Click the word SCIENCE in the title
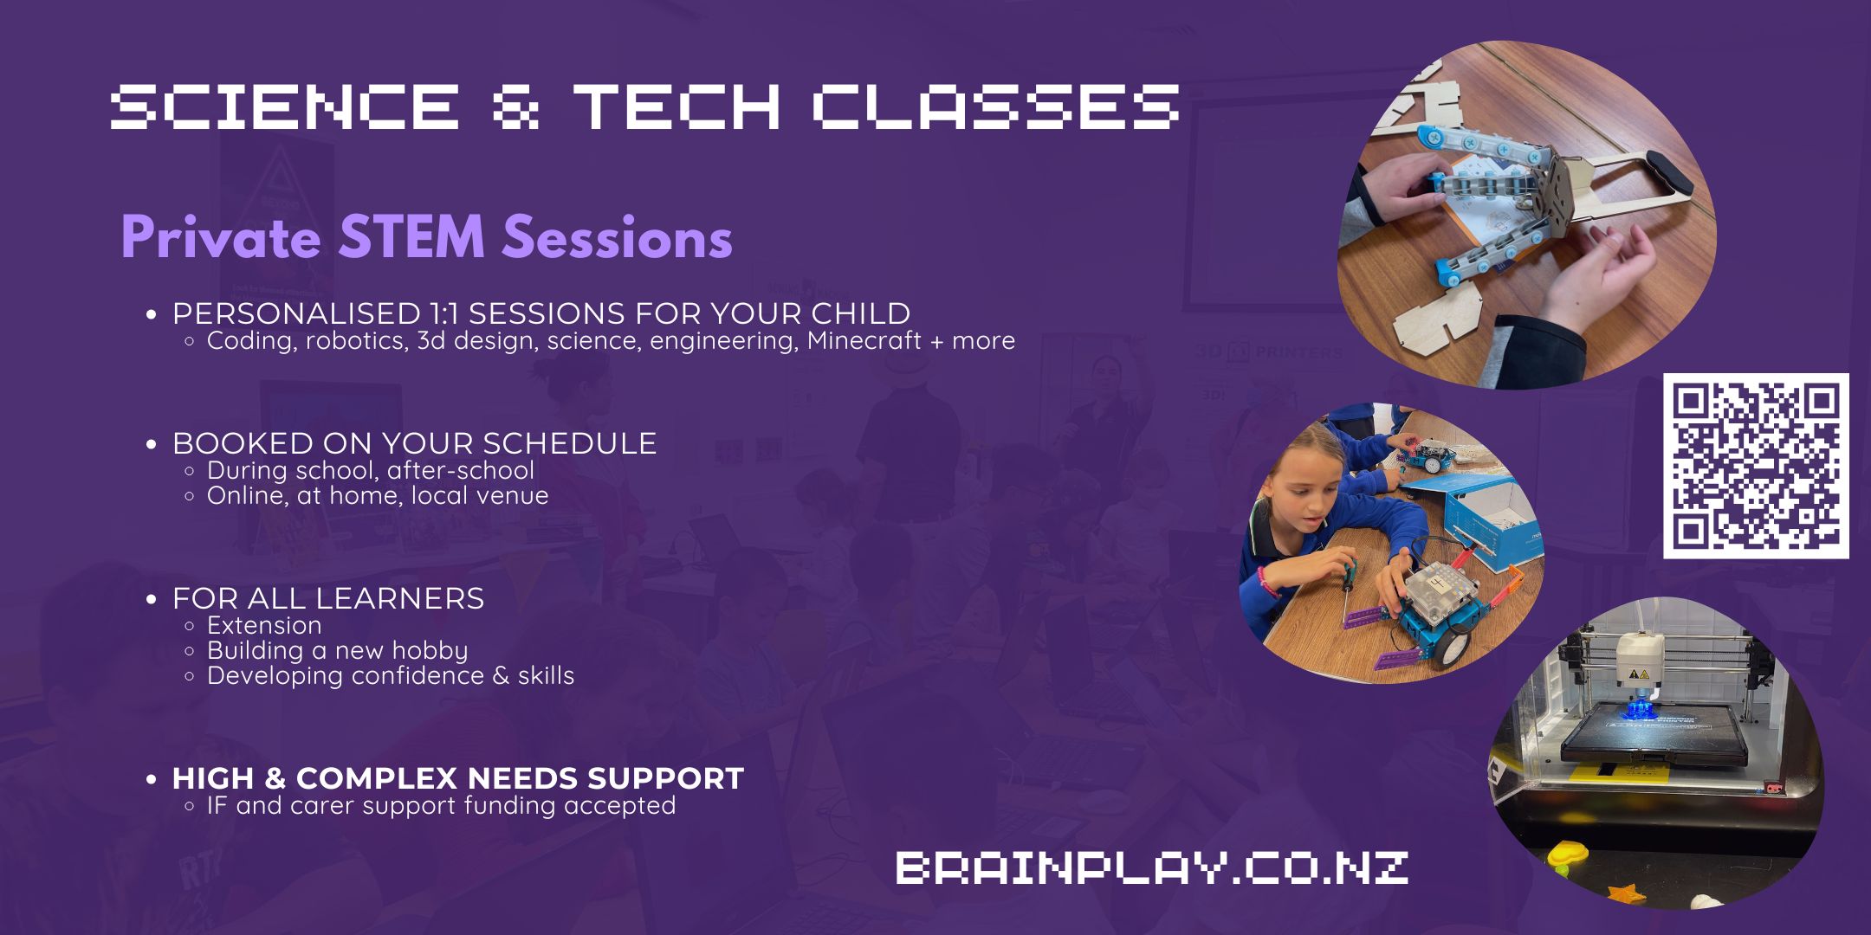coord(285,106)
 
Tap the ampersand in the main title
coord(516,106)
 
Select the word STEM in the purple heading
coord(411,236)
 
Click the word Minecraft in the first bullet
coord(864,340)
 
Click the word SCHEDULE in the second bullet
coord(569,443)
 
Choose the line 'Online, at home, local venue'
coord(378,495)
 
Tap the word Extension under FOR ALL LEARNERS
coord(264,625)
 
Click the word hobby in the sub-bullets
coord(430,651)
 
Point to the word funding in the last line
coord(510,805)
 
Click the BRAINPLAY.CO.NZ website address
coord(1152,867)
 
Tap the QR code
coord(1756,466)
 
